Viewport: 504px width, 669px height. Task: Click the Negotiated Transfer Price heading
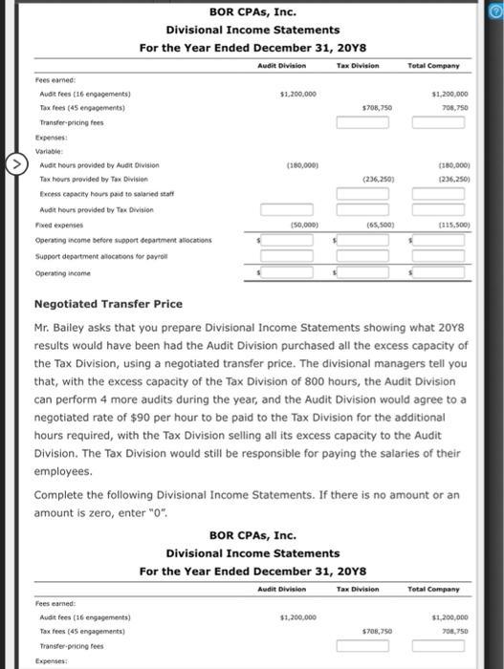(107, 304)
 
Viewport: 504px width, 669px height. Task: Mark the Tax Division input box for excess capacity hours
(362, 194)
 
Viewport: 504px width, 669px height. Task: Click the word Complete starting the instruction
(59, 495)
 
